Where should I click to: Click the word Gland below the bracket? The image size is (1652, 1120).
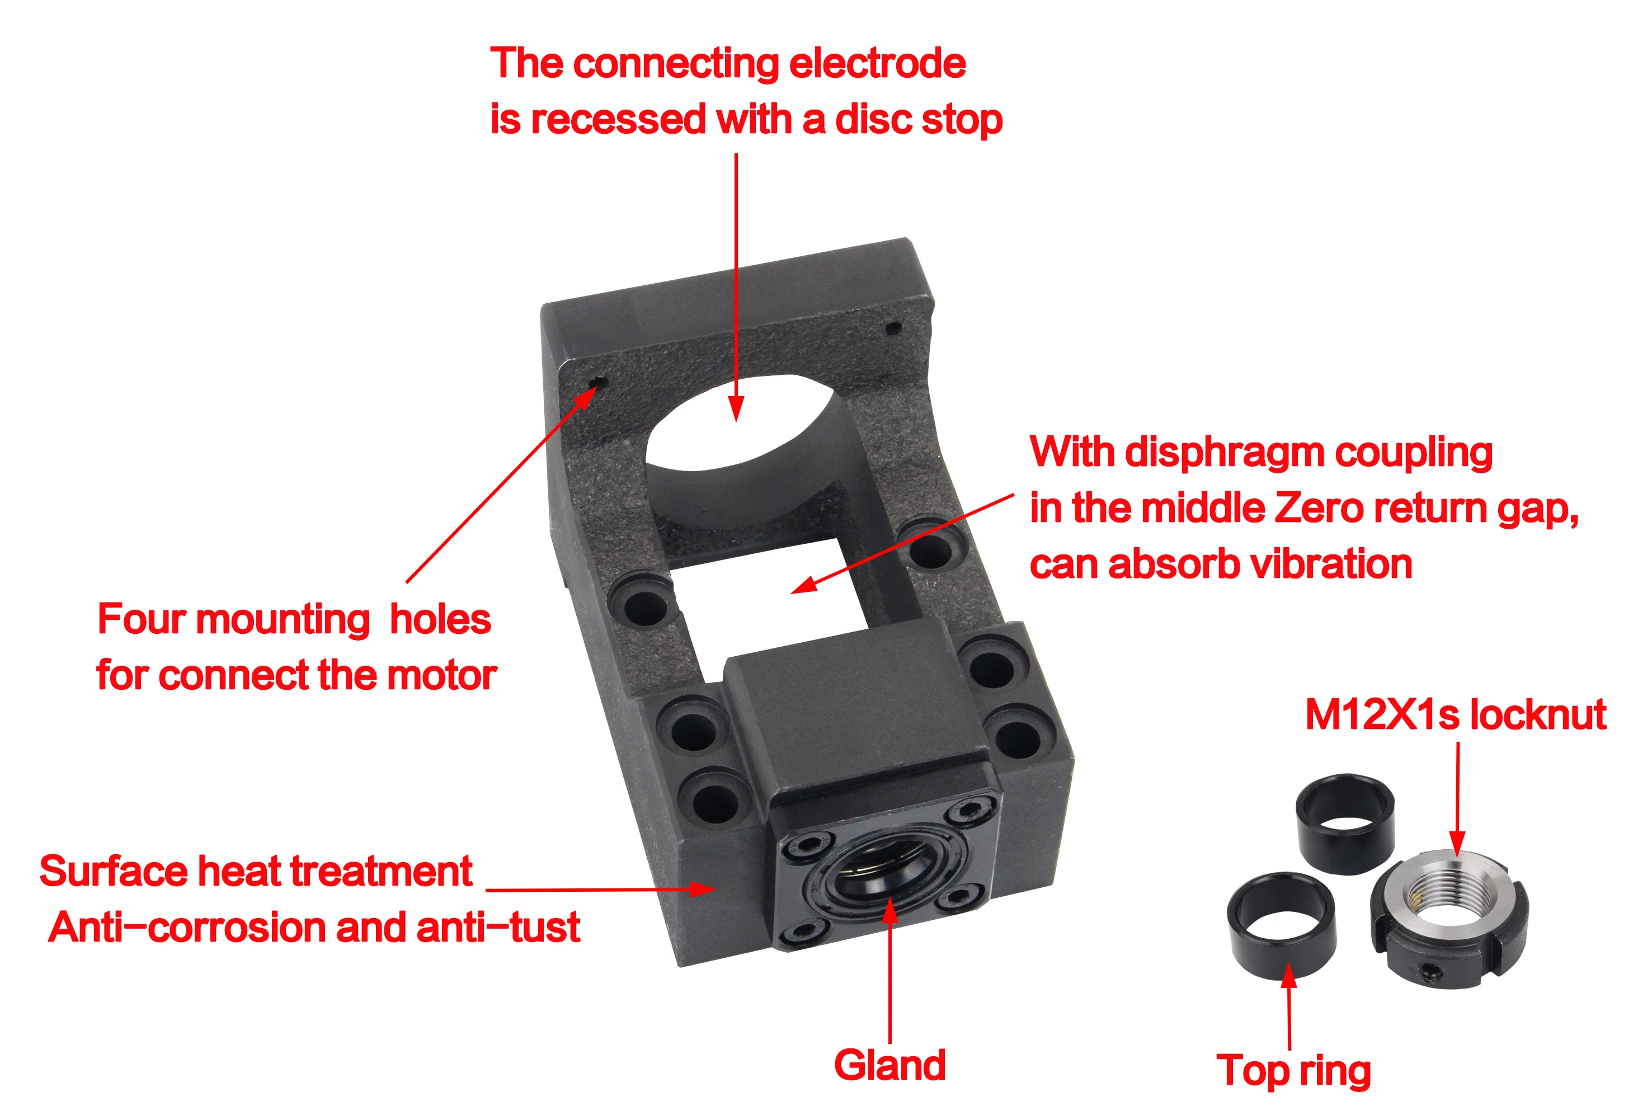point(889,1065)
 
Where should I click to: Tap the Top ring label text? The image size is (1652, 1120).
point(1293,1071)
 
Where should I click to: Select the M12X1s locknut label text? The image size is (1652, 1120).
point(1455,714)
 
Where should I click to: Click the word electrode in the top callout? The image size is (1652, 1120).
point(877,64)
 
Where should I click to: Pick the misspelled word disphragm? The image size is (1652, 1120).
point(1224,453)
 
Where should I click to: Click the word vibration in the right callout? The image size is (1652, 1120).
point(1331,565)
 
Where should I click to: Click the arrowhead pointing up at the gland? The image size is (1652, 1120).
point(890,910)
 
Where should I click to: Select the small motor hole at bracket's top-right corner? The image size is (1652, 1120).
point(893,328)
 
